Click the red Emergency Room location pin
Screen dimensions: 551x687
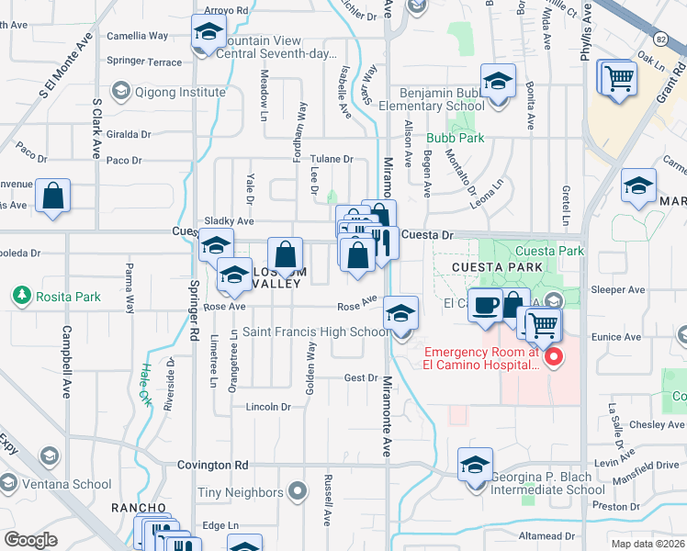click(x=553, y=357)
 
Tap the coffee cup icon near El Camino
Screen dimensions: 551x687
click(x=484, y=304)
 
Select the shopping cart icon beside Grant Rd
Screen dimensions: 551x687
click(x=617, y=77)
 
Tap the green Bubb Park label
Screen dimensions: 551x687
click(x=455, y=139)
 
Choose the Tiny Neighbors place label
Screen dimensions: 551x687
click(x=242, y=493)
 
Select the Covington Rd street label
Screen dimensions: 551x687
click(x=213, y=466)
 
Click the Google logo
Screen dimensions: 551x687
click(x=29, y=540)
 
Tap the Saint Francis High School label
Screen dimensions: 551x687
click(x=313, y=332)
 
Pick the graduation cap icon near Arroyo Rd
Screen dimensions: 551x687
click(x=208, y=33)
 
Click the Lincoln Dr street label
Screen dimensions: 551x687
click(x=268, y=406)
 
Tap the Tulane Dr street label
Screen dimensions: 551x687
click(x=331, y=159)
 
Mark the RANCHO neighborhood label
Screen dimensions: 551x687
click(x=139, y=508)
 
